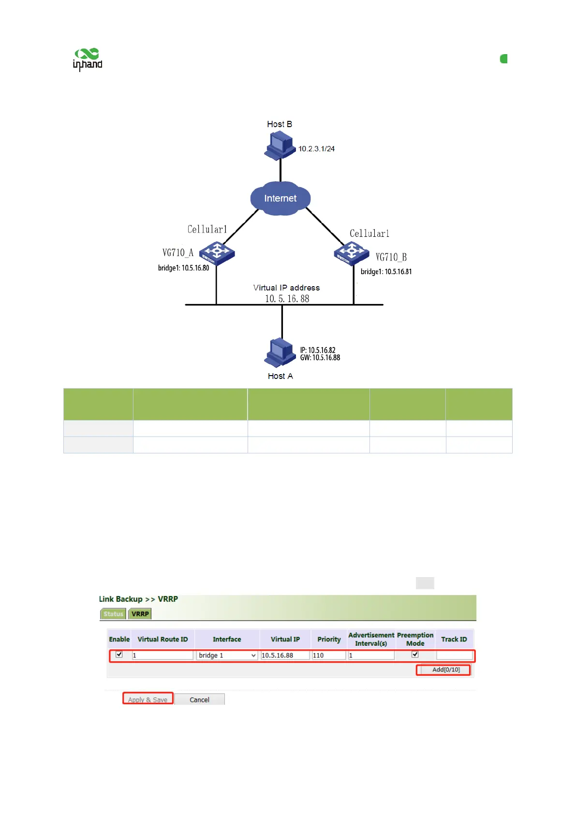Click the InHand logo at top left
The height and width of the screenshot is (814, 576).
point(88,59)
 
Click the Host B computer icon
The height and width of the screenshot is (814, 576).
point(280,146)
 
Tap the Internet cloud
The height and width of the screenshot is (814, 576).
point(281,198)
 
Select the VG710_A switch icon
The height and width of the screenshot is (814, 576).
point(217,253)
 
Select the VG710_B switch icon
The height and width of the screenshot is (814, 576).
point(352,253)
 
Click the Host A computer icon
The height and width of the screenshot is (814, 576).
point(280,352)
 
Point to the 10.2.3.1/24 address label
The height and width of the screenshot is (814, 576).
point(316,149)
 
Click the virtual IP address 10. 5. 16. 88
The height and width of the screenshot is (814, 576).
point(287,299)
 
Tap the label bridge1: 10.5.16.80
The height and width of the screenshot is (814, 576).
point(183,268)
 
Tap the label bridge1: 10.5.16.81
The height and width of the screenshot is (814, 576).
point(386,272)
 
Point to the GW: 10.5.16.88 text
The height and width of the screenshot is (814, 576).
point(320,358)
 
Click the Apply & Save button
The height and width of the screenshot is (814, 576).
point(148,699)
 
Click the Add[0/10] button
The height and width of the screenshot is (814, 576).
point(445,669)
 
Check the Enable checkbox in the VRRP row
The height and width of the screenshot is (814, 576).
point(119,654)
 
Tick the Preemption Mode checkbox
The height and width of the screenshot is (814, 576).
point(415,654)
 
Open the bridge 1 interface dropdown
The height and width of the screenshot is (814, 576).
point(227,655)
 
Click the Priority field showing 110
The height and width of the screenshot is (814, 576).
point(329,655)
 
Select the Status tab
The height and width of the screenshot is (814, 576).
point(113,614)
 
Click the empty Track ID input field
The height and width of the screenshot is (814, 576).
point(454,655)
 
